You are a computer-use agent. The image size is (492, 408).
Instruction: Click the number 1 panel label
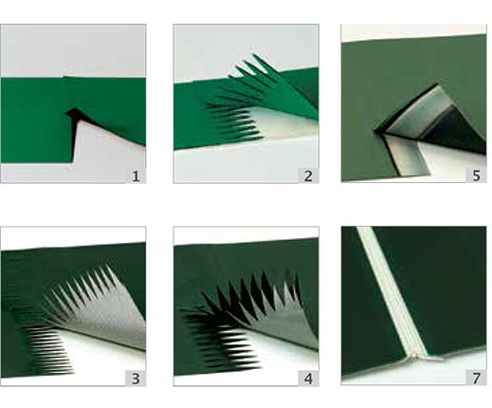136,176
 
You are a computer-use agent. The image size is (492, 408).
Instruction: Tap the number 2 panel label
308,176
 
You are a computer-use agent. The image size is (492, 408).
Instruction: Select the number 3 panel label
136,379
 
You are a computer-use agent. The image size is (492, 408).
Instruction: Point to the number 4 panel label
308,379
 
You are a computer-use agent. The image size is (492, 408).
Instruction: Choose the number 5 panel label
476,175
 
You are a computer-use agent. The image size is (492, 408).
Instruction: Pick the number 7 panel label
476,378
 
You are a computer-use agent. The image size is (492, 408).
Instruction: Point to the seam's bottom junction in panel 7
417,358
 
